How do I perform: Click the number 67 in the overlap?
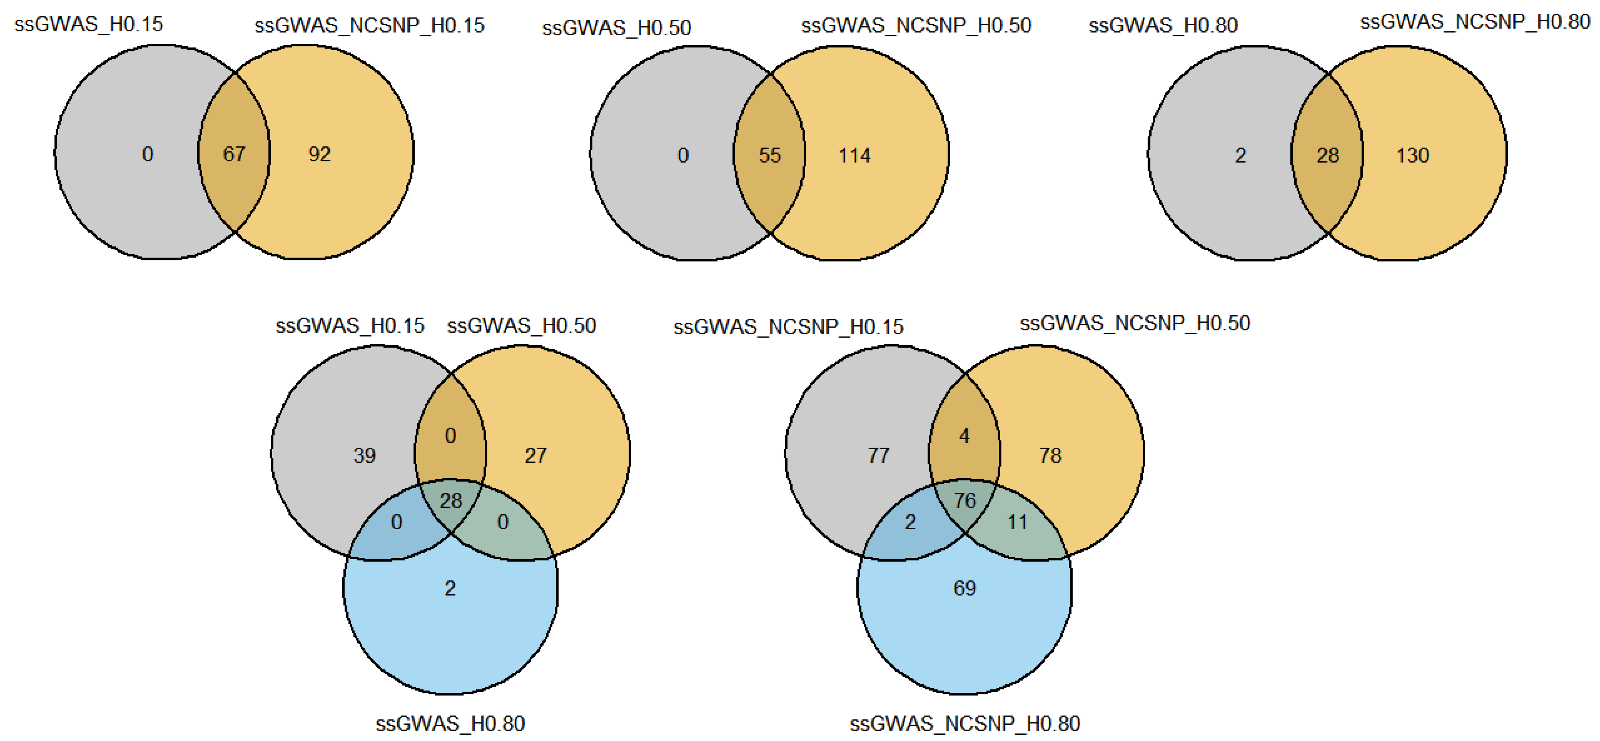coord(234,154)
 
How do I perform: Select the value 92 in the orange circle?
coord(319,154)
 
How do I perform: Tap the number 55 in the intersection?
coord(770,155)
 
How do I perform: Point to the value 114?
coord(855,155)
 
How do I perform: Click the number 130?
coord(1412,155)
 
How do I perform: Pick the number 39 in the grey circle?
coord(365,455)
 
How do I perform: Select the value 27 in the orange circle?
coord(536,455)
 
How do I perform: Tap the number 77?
coord(878,455)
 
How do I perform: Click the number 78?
coord(1050,455)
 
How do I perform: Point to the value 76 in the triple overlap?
coord(965,500)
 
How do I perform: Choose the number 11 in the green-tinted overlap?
coord(1017,522)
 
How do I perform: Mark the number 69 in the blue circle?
coord(965,587)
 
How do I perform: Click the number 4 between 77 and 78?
coord(964,435)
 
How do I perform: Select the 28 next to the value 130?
coord(1327,155)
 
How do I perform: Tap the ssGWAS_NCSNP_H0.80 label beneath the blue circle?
coord(965,724)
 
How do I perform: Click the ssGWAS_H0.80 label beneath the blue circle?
coord(450,724)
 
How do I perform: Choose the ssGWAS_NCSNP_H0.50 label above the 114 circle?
coord(916,26)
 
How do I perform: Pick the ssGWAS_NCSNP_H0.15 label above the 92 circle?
coord(369,26)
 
